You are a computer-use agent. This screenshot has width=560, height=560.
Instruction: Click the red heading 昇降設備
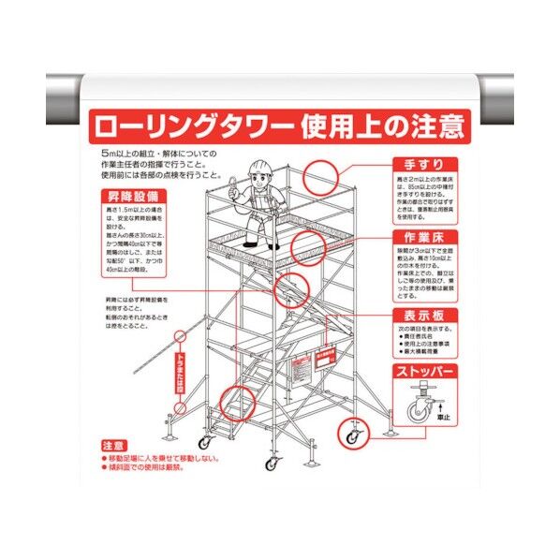(126, 199)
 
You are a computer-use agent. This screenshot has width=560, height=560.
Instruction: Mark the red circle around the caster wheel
(353, 434)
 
